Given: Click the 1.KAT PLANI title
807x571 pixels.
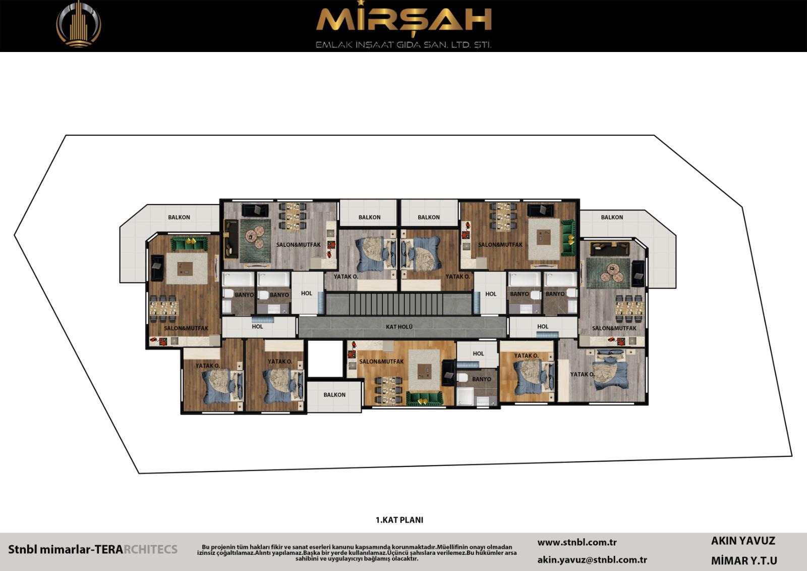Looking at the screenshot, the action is pyautogui.click(x=399, y=520).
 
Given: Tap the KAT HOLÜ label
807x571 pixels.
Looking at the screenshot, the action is pyautogui.click(x=399, y=327).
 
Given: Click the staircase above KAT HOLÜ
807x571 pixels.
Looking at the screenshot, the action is pyautogui.click(x=399, y=304).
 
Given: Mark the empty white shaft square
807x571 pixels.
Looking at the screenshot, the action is pyautogui.click(x=325, y=359).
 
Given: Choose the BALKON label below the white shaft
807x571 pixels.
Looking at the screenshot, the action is pyautogui.click(x=334, y=395).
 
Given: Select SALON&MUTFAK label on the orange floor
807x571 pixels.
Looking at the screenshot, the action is pyautogui.click(x=381, y=361).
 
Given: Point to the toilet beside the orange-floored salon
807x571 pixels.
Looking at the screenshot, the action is pyautogui.click(x=462, y=378).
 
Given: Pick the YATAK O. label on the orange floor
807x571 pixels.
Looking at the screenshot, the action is pyautogui.click(x=527, y=355).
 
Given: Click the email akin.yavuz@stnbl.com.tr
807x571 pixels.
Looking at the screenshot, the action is pyautogui.click(x=592, y=560).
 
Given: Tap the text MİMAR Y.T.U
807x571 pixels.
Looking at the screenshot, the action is pyautogui.click(x=744, y=561).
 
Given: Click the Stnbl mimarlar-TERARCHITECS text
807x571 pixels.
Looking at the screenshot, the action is pyautogui.click(x=93, y=549).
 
